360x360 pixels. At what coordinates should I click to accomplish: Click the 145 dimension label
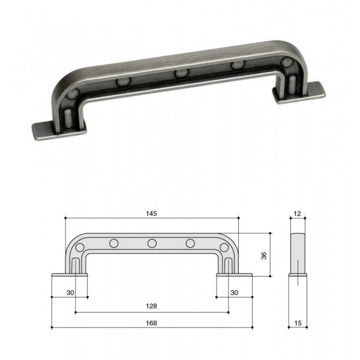click(x=152, y=214)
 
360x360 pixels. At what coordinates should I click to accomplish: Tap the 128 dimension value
click(x=152, y=306)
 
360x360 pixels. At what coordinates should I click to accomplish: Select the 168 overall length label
click(x=152, y=323)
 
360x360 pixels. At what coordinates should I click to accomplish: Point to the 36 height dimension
click(x=264, y=256)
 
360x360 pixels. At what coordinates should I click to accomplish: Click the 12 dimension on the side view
click(x=298, y=214)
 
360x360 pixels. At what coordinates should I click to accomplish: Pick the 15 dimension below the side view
click(x=298, y=323)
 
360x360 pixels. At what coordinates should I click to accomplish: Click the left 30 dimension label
click(x=70, y=293)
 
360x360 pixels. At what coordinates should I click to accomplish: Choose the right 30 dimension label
click(x=234, y=293)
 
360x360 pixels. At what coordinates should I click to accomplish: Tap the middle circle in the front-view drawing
click(x=152, y=244)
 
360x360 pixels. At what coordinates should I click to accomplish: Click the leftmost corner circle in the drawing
click(x=80, y=247)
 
